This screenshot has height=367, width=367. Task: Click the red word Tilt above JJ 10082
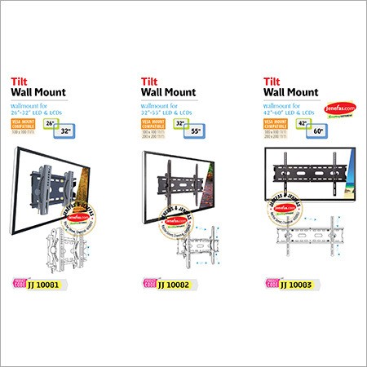tap(150, 82)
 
